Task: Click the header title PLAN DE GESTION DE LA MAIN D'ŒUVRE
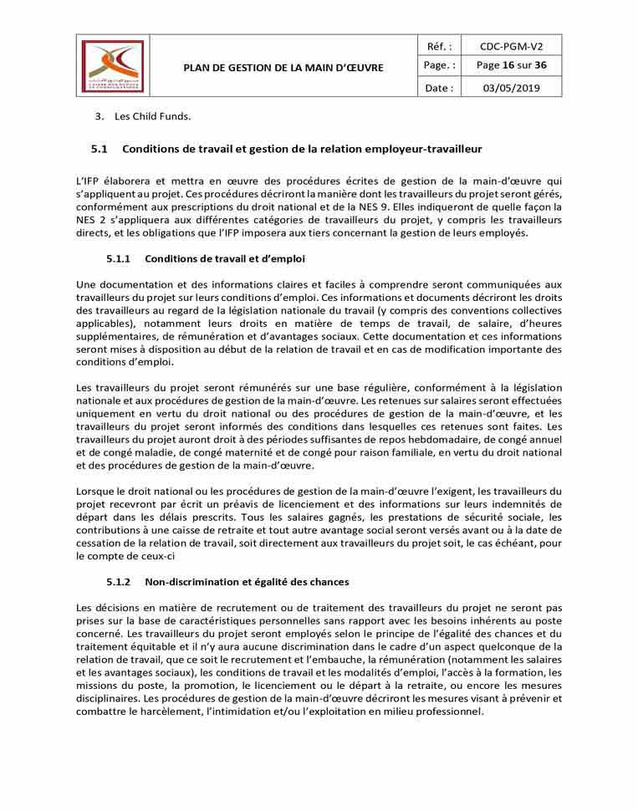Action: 283,67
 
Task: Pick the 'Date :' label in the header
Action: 438,88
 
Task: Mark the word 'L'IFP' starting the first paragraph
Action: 87,181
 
